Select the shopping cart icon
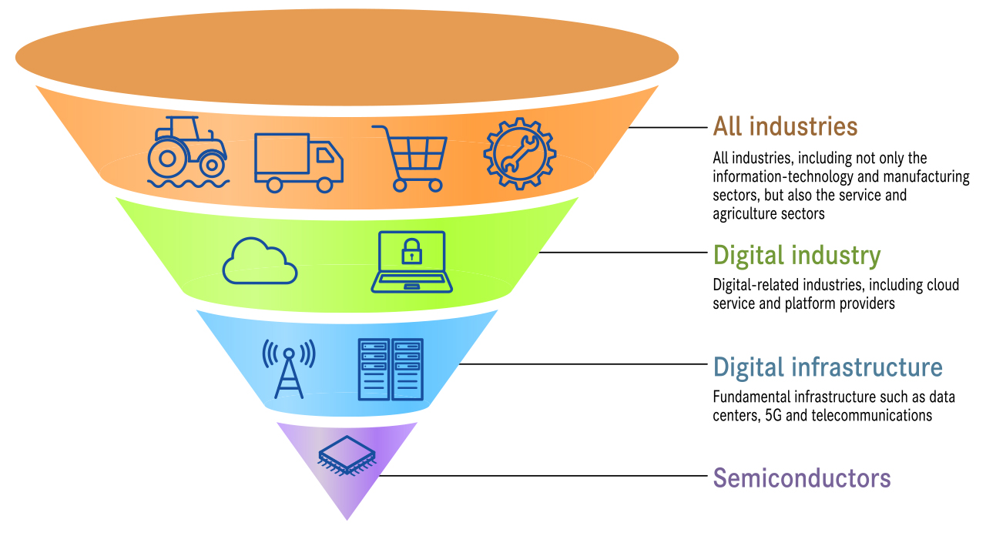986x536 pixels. [409, 157]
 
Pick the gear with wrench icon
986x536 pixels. [519, 153]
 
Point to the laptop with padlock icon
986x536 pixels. [412, 262]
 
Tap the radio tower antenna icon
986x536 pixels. [289, 369]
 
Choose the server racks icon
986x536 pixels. [391, 369]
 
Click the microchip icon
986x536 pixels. [347, 455]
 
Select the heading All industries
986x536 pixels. [785, 126]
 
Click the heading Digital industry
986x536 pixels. [797, 255]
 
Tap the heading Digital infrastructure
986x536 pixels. [827, 367]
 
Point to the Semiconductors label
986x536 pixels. [801, 478]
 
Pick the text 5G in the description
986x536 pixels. [774, 416]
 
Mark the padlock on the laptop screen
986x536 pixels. [412, 250]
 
